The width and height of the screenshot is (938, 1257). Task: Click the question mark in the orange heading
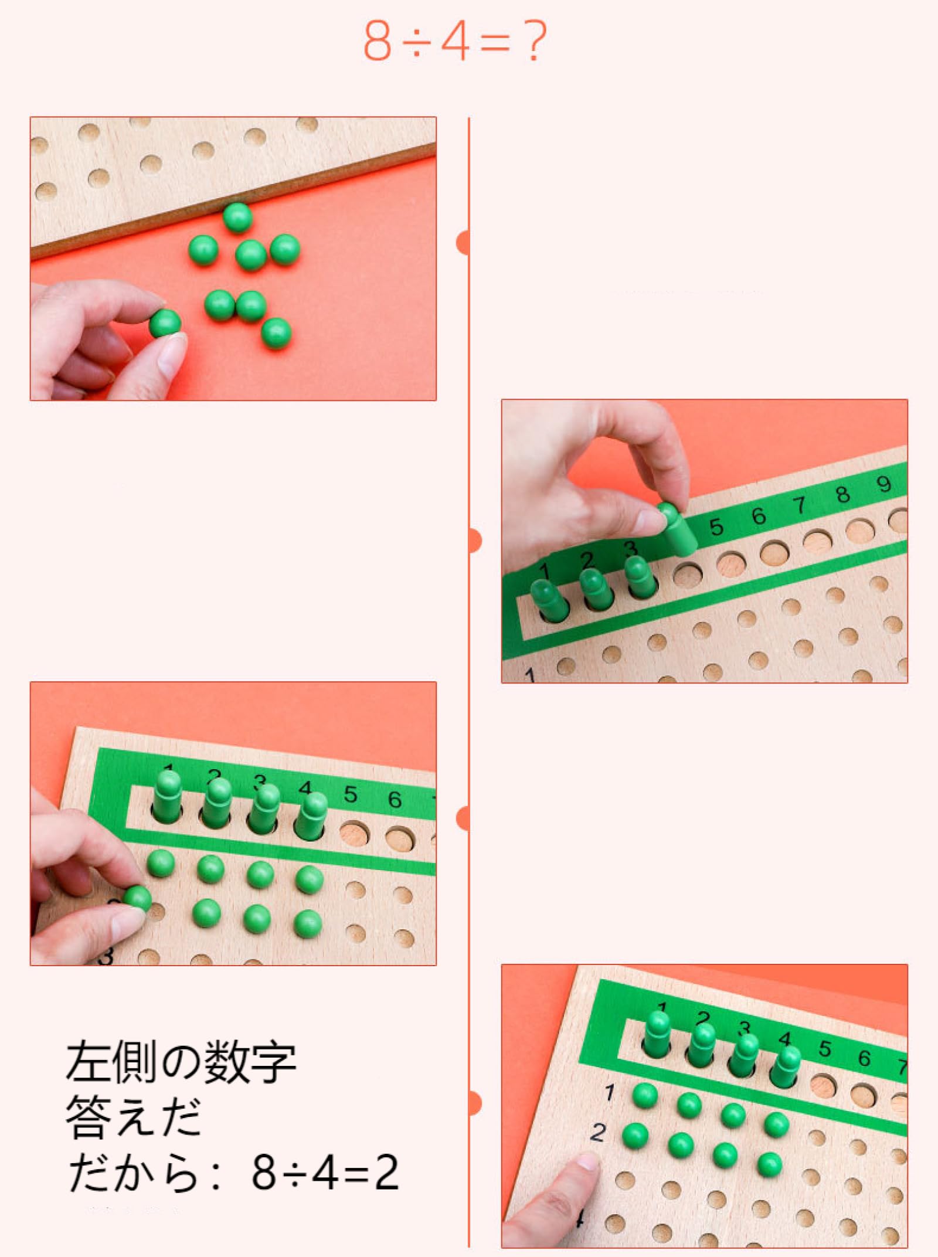point(535,41)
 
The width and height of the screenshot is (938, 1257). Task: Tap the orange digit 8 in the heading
point(377,41)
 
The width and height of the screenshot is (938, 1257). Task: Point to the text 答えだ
point(134,1117)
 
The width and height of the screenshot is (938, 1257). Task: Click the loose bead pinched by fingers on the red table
point(165,324)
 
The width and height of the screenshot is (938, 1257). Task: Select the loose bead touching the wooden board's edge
point(237,218)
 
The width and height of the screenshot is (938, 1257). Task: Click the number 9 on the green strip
point(883,484)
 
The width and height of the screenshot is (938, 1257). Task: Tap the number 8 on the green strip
point(842,495)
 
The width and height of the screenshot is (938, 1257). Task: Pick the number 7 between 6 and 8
point(800,505)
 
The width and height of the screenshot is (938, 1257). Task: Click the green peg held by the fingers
point(677,528)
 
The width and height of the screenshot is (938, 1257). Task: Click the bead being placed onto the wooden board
point(138,898)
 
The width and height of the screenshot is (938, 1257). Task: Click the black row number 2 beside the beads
point(597,1132)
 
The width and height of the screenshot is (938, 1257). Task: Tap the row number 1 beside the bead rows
point(610,1092)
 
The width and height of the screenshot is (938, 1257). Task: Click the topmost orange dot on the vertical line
point(464,243)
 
